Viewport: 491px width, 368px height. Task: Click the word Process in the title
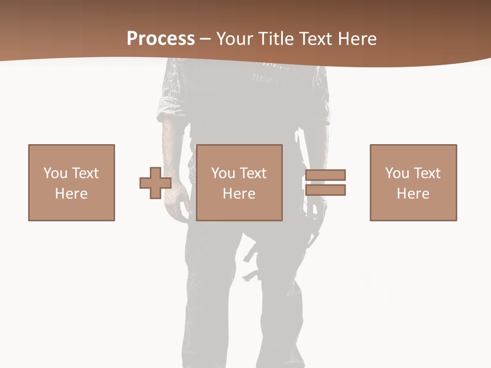161,39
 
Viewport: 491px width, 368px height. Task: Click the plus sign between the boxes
155,182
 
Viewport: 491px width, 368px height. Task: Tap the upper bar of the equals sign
325,175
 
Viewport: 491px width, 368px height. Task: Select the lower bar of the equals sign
325,190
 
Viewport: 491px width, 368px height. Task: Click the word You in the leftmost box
55,173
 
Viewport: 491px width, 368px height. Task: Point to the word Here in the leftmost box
71,194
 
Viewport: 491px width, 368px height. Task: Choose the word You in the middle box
223,173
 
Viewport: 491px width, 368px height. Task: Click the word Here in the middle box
239,194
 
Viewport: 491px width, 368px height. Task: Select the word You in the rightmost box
397,173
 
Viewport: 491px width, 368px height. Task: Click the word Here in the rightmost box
413,194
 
